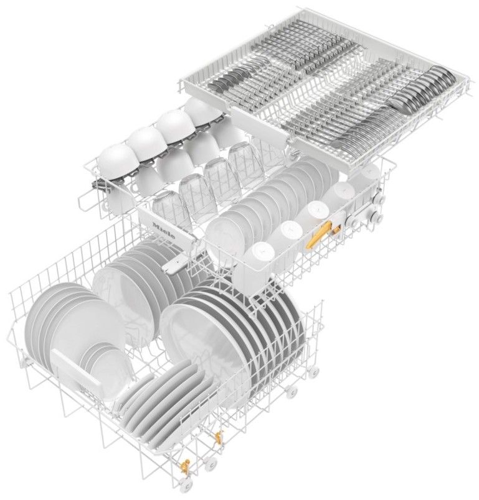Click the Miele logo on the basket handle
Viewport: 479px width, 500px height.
coord(164,231)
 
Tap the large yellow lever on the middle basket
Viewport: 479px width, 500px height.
coord(318,234)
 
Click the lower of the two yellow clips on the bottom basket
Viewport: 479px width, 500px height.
coord(185,466)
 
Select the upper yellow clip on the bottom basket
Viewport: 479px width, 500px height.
coord(219,436)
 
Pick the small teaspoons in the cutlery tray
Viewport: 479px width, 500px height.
coord(230,80)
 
